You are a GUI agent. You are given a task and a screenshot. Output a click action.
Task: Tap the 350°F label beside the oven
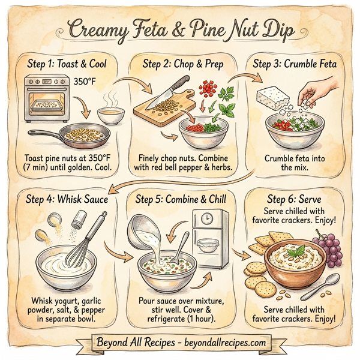[85, 79]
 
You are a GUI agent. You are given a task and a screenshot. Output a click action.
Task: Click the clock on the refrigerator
[206, 220]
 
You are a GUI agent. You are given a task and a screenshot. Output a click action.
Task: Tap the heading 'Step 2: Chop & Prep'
[179, 61]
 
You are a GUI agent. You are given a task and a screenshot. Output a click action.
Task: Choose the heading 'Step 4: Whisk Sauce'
[67, 199]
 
